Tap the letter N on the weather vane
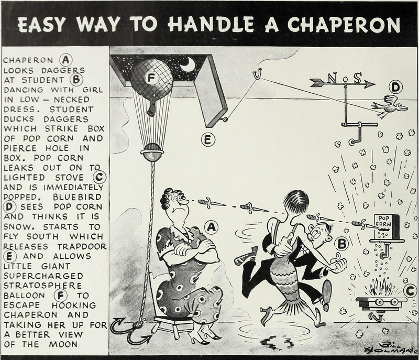[332, 78]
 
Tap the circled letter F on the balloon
[151, 78]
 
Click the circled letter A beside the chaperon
[211, 227]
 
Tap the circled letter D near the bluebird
[396, 88]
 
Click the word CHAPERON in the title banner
[344, 25]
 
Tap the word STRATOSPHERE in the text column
[42, 286]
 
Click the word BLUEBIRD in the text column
[77, 197]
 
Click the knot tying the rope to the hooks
[139, 324]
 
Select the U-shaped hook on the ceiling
[258, 74]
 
